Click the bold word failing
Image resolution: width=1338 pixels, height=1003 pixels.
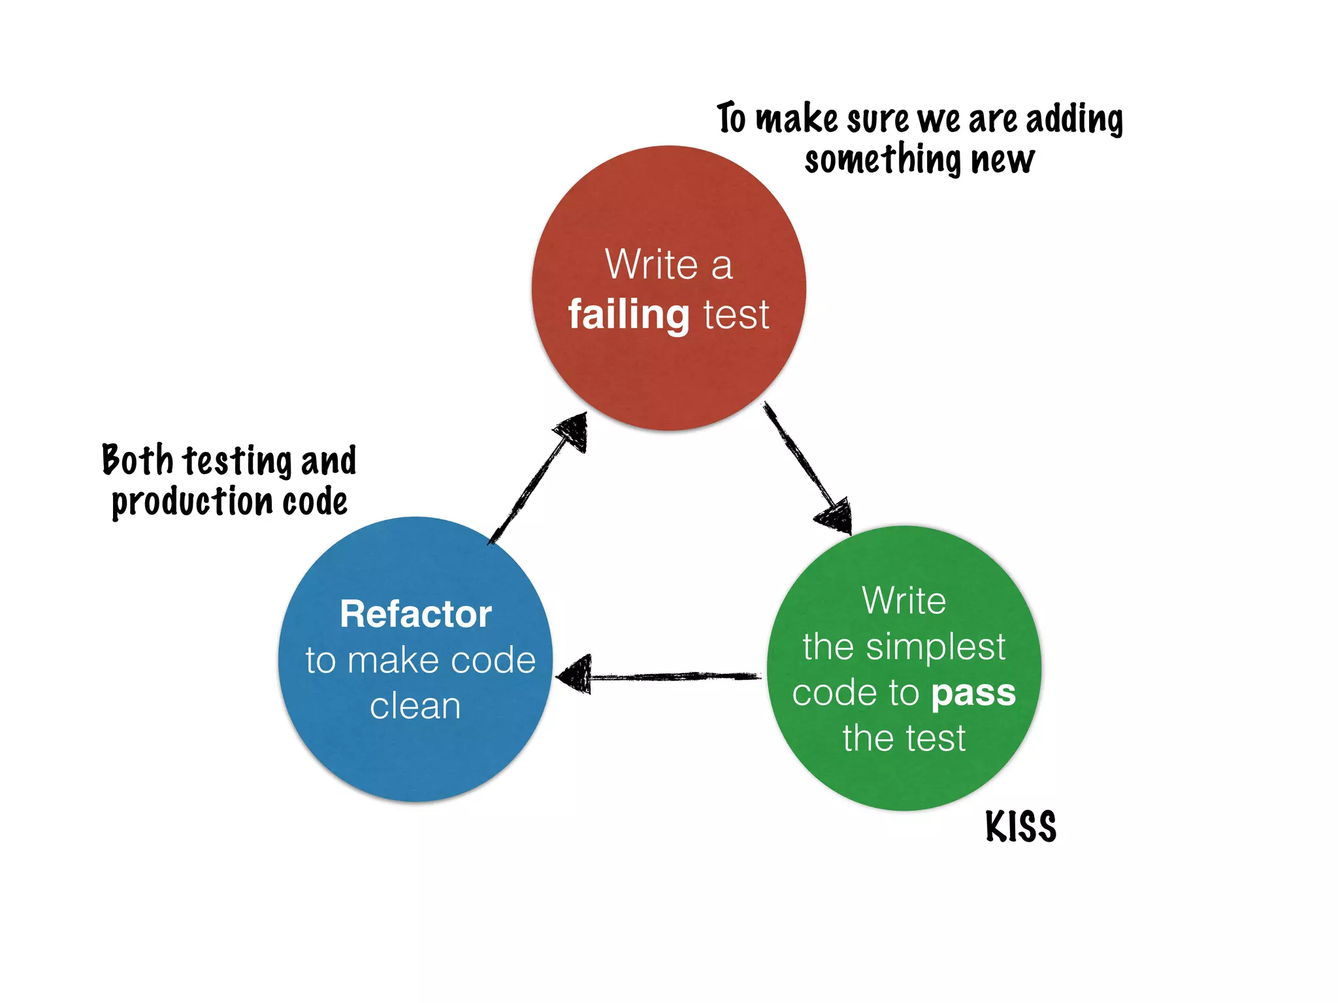pos(628,315)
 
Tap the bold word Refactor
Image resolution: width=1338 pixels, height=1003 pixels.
pos(416,614)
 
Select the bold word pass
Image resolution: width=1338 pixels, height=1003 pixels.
pos(973,693)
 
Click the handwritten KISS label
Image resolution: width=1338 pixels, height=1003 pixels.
pos(1020,827)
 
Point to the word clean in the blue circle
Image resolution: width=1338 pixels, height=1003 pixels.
pos(416,707)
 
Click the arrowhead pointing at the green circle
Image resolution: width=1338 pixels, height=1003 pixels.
pos(835,516)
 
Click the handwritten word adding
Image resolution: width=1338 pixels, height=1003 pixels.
pos(1074,120)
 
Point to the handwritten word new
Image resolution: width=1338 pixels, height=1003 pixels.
pos(1003,160)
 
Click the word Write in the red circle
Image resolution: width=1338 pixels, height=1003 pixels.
pos(651,264)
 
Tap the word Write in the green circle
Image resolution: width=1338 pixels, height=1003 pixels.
pos(904,600)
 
